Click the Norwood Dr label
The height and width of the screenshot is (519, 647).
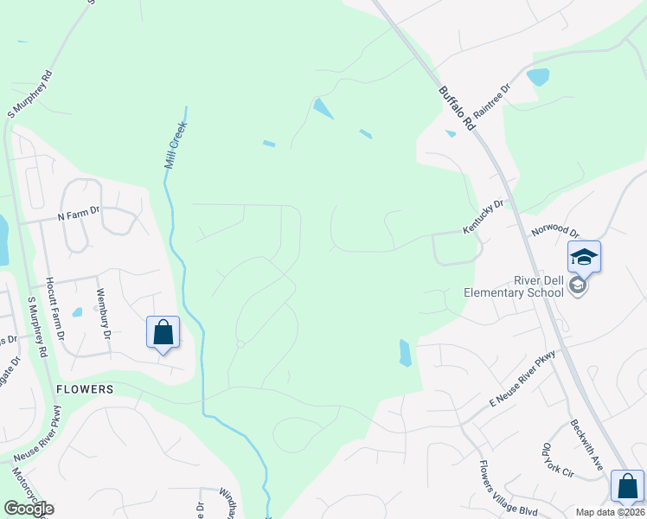tap(555, 230)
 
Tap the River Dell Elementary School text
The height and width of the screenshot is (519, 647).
tap(514, 286)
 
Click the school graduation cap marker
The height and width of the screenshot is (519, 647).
tap(584, 257)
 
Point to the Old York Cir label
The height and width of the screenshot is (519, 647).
tap(558, 461)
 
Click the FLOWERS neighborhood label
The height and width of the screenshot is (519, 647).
tap(85, 389)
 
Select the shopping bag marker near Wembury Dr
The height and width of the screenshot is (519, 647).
tap(163, 333)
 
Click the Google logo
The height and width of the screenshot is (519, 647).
tap(29, 509)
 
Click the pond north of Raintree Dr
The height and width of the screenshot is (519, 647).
tap(537, 76)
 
